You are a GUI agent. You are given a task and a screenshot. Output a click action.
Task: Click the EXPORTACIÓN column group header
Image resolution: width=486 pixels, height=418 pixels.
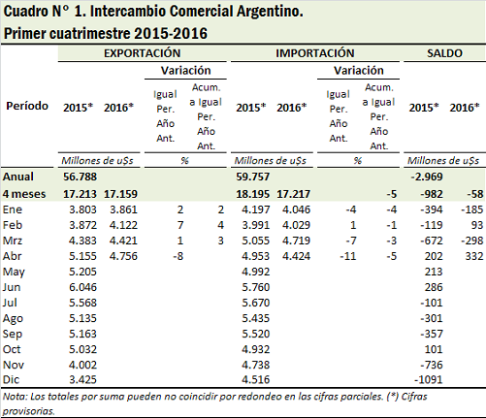coord(142,53)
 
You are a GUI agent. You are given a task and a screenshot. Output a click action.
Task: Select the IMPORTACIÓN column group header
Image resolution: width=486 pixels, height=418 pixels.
coord(315,53)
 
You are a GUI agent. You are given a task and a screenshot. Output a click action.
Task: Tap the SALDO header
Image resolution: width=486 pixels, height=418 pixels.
coord(444,53)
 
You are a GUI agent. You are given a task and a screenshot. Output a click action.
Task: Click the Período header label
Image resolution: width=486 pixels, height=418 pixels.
coord(27,106)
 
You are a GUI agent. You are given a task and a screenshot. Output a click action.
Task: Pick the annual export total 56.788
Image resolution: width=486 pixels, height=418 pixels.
coord(80,177)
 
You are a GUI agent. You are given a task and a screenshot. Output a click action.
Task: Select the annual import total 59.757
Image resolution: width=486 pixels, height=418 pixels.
coord(252,177)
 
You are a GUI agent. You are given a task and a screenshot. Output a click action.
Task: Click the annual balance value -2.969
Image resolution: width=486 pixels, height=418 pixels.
coord(427,177)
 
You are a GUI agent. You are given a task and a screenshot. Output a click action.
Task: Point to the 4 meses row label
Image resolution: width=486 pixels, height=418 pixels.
coord(24,194)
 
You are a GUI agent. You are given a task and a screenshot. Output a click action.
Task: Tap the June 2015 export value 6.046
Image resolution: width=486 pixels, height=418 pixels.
coord(82,287)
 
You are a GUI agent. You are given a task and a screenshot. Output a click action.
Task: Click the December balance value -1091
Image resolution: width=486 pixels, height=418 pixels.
coord(428,379)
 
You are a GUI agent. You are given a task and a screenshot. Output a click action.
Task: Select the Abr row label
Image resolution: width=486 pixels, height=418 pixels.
coord(12,256)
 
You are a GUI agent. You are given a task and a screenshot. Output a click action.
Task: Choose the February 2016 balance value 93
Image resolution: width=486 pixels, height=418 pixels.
coord(477,225)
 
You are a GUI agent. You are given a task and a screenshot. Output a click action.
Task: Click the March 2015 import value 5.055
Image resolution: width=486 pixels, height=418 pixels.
coord(256,241)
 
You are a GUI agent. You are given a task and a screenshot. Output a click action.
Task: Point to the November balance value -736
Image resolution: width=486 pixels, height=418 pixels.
coord(432,365)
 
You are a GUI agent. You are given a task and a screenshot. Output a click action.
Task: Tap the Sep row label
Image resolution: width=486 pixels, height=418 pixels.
coord(13,334)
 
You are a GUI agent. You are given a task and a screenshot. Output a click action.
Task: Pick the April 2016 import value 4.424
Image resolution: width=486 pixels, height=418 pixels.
coord(296,256)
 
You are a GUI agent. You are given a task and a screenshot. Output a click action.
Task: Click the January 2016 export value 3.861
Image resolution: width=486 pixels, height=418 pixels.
coord(123,209)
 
